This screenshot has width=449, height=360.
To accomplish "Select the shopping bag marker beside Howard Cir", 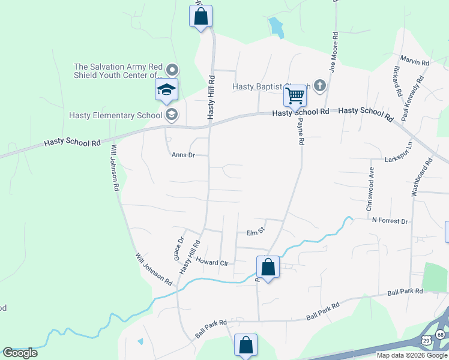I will coord(268,267).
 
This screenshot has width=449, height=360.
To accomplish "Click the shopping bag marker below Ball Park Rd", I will coord(246,345).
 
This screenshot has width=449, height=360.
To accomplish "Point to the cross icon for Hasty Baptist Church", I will coord(319,86).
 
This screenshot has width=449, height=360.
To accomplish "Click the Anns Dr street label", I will coord(184,155).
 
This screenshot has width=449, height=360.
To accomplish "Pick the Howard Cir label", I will coord(212,263).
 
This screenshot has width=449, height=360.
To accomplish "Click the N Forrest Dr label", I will coord(390,221).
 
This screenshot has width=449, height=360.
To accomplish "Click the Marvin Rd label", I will coord(414,62).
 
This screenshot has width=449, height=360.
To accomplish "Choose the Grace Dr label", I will coord(178,248).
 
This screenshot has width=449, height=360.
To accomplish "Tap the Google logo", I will coord(20,353).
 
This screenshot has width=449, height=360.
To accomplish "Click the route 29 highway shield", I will coord(426,340).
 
